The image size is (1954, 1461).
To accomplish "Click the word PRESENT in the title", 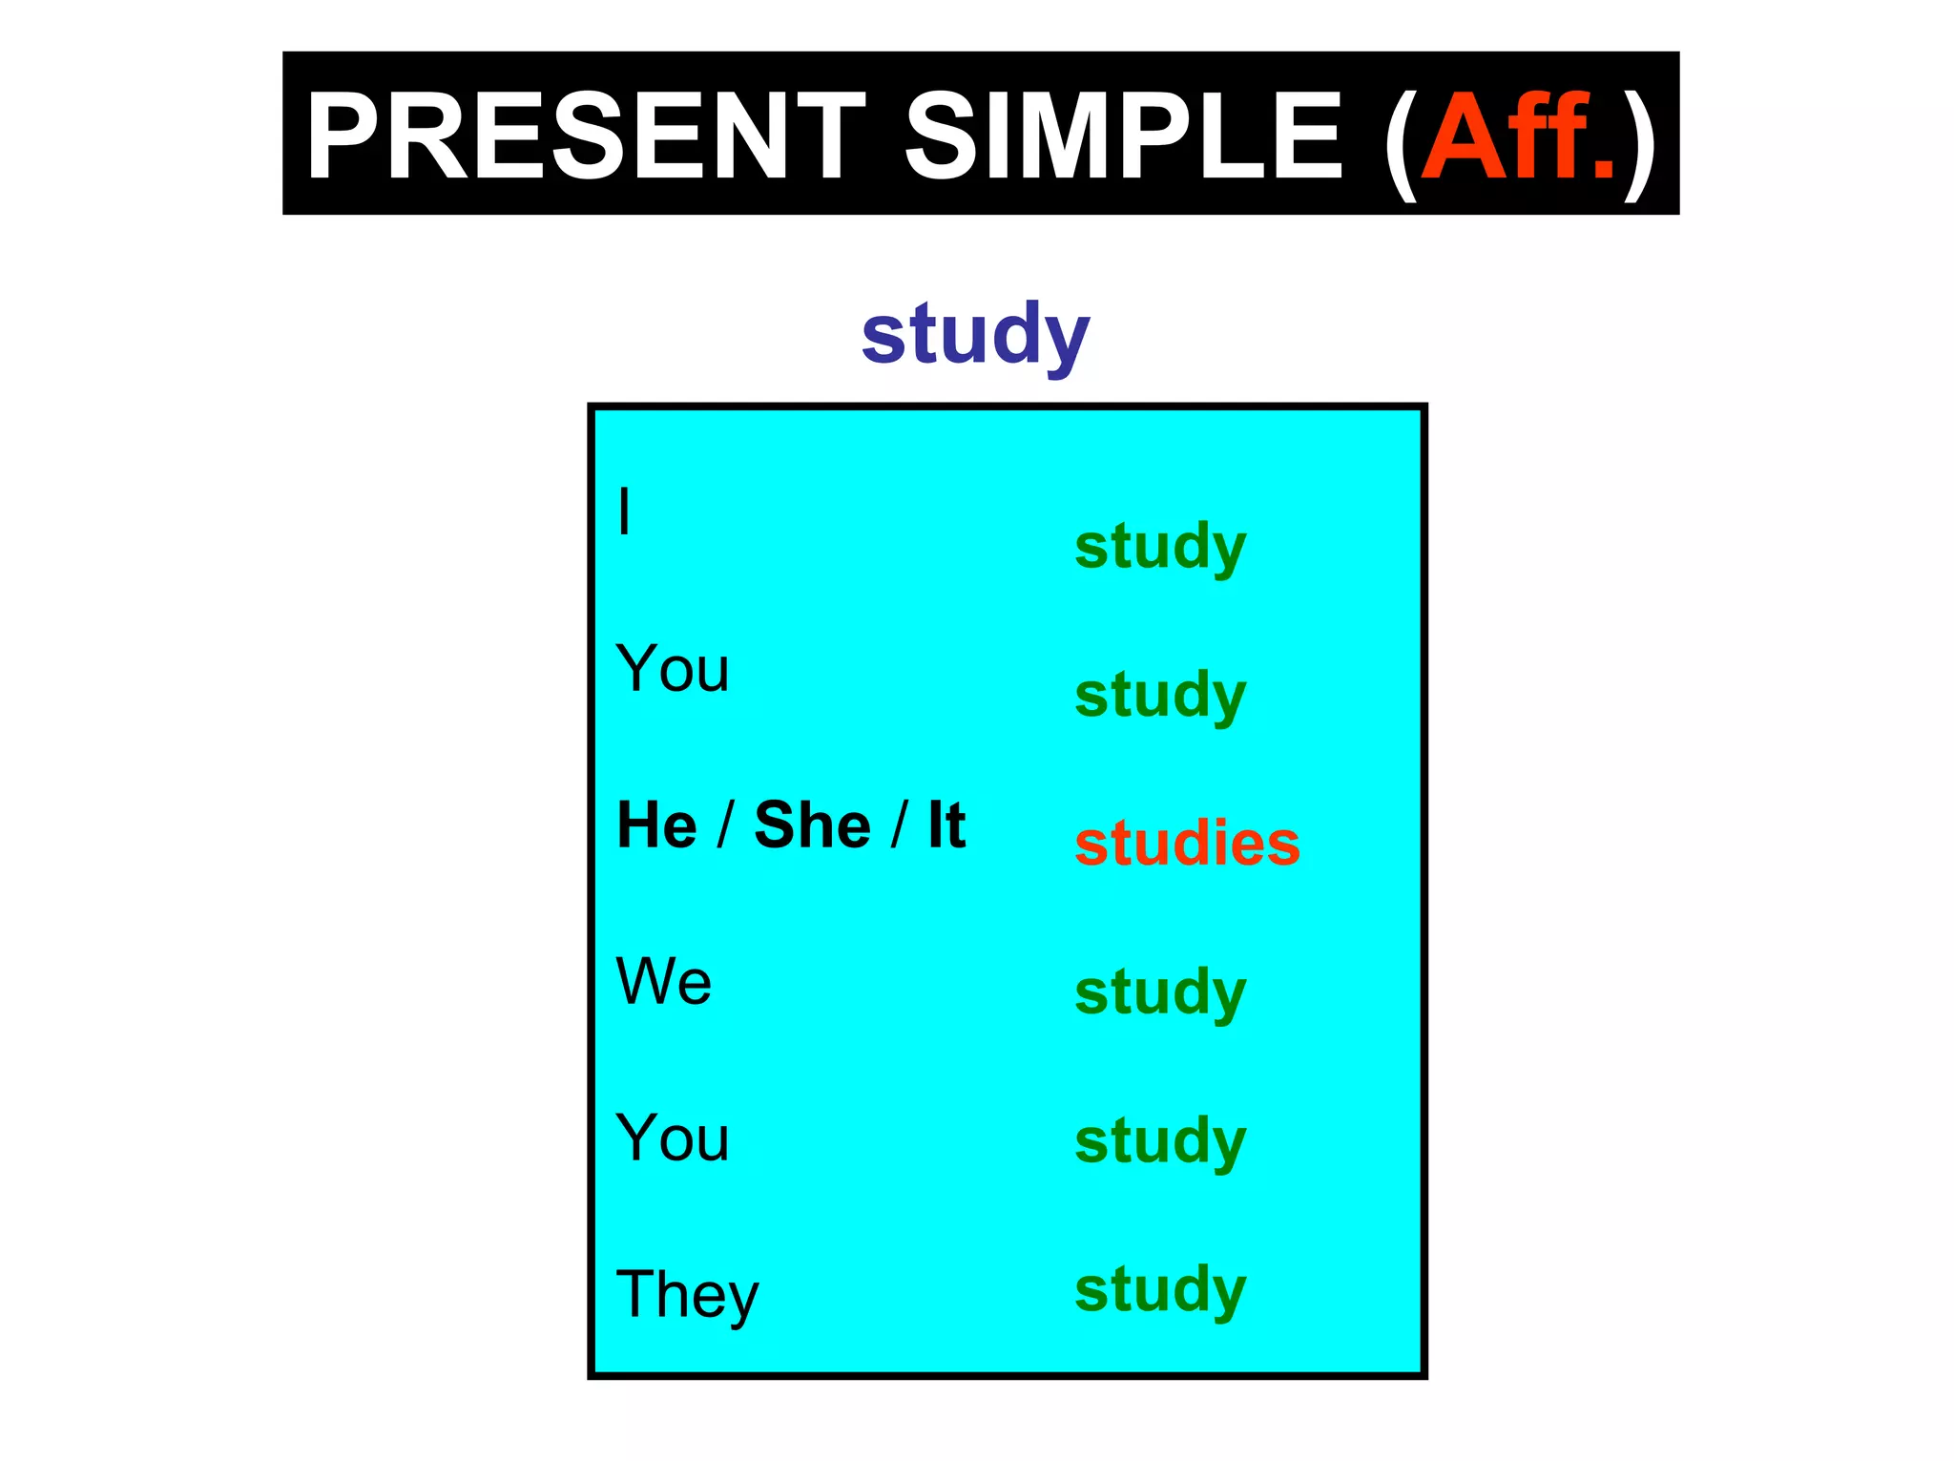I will (x=584, y=136).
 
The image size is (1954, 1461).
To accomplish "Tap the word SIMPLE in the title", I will (x=1123, y=136).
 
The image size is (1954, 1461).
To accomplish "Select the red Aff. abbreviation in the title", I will (x=1517, y=136).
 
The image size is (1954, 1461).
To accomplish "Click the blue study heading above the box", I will (x=975, y=334).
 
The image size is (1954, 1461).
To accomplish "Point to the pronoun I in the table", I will (x=624, y=511).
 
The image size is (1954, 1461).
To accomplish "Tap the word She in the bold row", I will (x=812, y=824).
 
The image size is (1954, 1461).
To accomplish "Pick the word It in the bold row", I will (x=946, y=824).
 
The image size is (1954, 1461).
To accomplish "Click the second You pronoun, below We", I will (x=673, y=1137).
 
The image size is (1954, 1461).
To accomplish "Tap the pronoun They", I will (x=687, y=1294).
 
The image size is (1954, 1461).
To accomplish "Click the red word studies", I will (x=1187, y=844).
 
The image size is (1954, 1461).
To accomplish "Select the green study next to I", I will (x=1160, y=548).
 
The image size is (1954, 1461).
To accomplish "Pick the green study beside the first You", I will (x=1160, y=697).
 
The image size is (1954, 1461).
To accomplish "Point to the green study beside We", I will (x=1160, y=993).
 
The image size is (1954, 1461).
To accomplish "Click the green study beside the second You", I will (x=1160, y=1142).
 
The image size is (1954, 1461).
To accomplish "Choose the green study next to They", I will (x=1160, y=1291).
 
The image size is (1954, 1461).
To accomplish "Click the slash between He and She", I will (x=725, y=824).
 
